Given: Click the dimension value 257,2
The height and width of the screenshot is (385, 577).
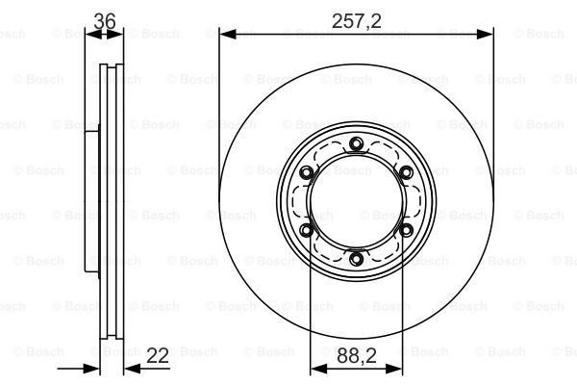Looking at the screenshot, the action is [x=356, y=21].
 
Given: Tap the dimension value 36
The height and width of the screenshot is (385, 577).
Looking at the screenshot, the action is [x=105, y=21].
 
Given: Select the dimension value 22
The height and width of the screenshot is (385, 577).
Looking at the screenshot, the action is [x=158, y=355].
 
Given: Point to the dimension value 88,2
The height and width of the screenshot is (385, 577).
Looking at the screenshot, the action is [x=357, y=355].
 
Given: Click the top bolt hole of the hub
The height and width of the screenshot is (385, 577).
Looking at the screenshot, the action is [x=356, y=143].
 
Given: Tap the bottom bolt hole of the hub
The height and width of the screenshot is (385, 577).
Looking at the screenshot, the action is [x=356, y=259].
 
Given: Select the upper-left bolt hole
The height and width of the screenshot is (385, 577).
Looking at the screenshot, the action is [x=306, y=172].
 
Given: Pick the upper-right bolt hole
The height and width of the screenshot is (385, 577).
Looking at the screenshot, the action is [x=406, y=172].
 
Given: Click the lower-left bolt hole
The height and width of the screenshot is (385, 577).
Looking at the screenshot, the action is [x=306, y=231].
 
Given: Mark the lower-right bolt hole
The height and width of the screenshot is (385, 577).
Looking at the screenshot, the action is [x=406, y=231].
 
